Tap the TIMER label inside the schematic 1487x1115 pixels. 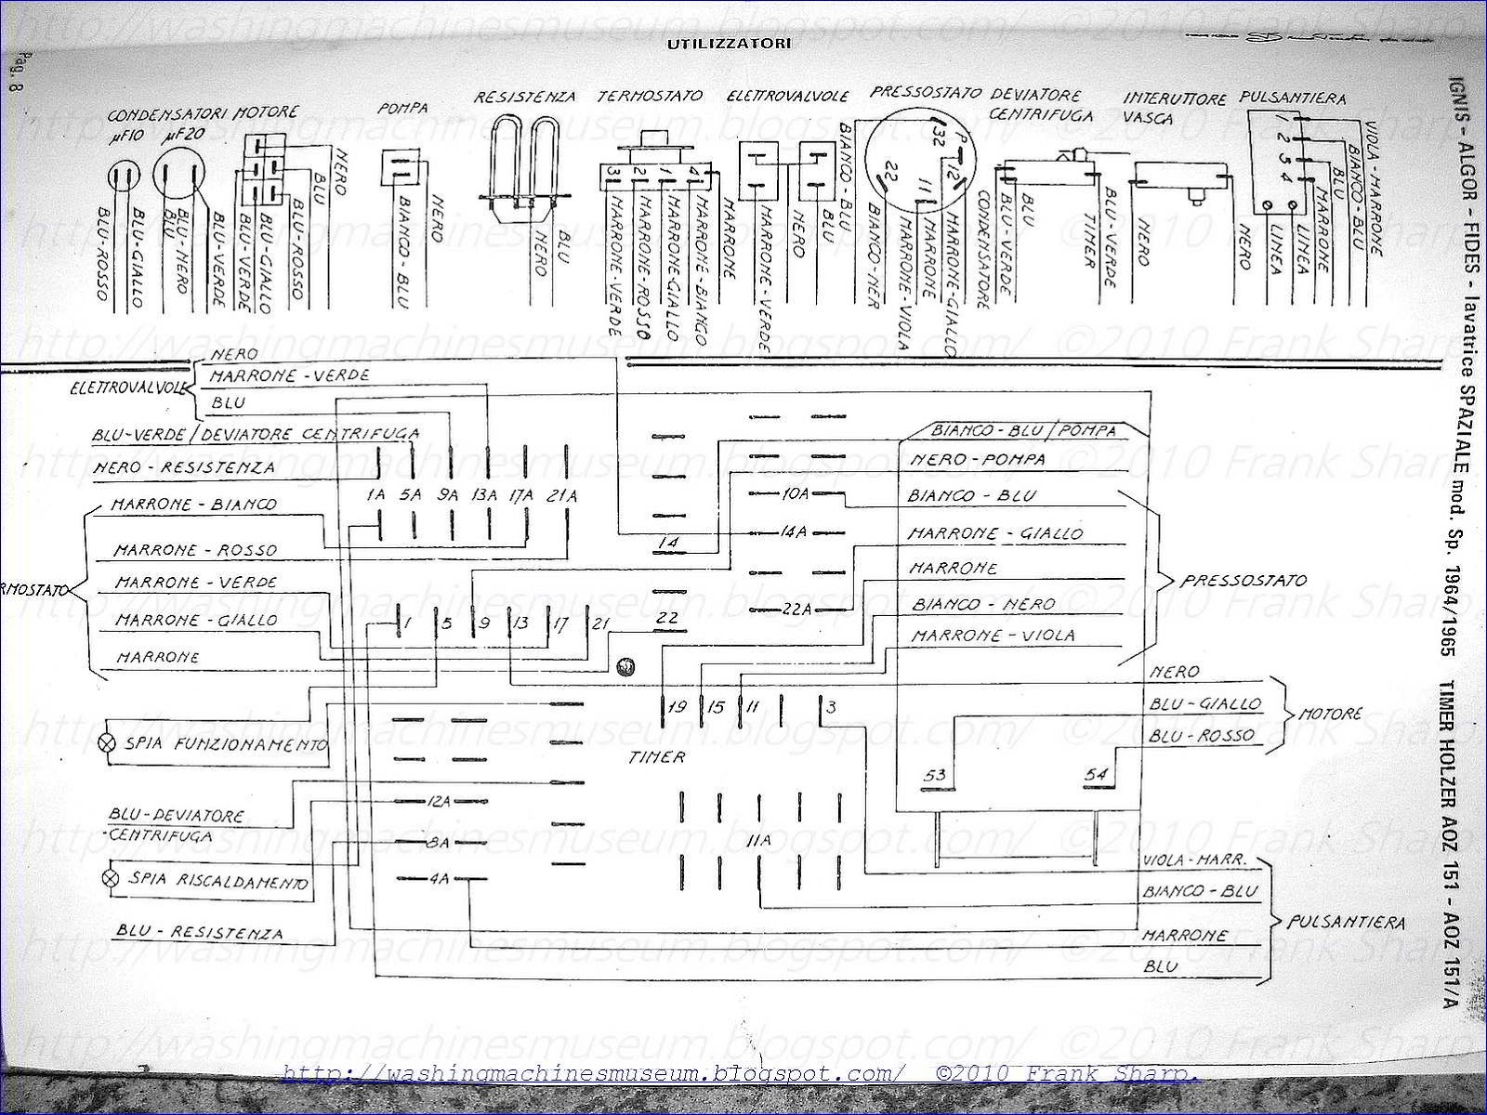point(656,756)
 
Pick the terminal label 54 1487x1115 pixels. point(1097,775)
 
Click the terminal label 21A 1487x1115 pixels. point(563,496)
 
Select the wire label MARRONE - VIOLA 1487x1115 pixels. point(993,636)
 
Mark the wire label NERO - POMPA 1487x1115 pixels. point(977,460)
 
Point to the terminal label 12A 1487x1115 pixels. point(438,801)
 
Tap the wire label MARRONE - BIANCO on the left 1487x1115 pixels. point(193,505)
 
